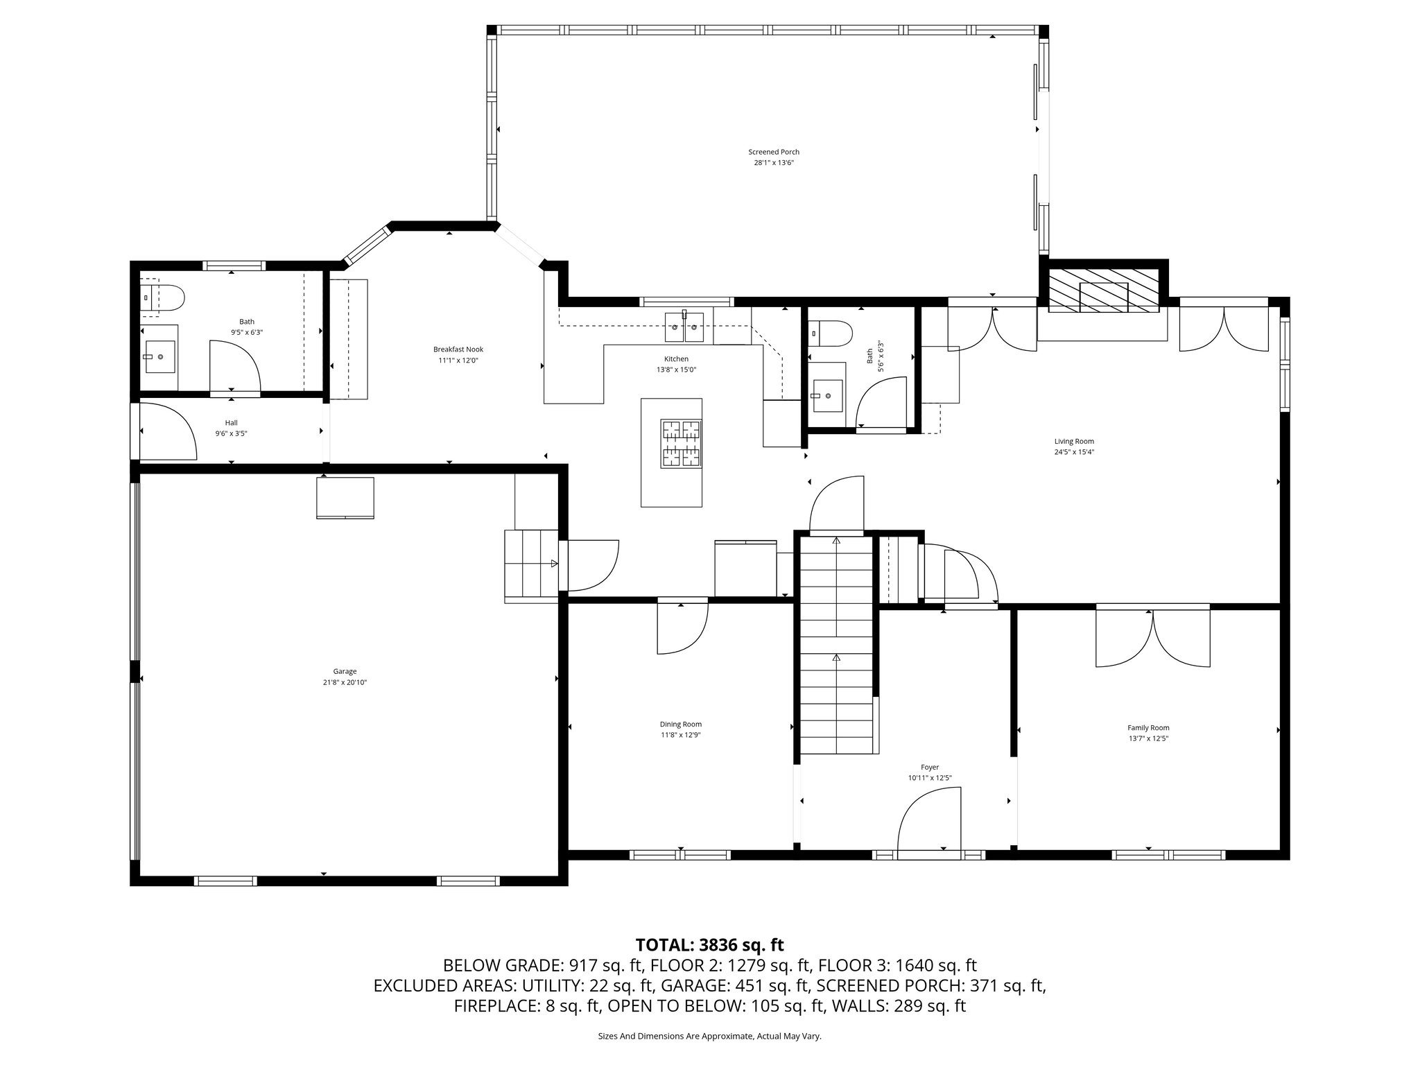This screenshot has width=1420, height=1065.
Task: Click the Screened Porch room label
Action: tap(773, 152)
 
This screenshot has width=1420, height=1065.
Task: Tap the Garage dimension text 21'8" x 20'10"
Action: tap(345, 682)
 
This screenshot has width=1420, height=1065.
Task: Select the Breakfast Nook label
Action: tap(458, 349)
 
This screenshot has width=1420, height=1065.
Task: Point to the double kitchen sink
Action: tap(684, 327)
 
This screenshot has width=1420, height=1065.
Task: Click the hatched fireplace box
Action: tap(1102, 290)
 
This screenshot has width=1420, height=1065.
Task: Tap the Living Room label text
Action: tap(1073, 441)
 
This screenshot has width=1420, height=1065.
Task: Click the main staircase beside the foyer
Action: tap(837, 645)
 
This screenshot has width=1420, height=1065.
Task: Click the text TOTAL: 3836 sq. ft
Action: tap(709, 944)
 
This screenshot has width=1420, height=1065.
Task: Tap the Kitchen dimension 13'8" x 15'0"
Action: tap(676, 370)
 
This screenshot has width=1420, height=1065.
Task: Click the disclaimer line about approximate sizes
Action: tap(709, 1036)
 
